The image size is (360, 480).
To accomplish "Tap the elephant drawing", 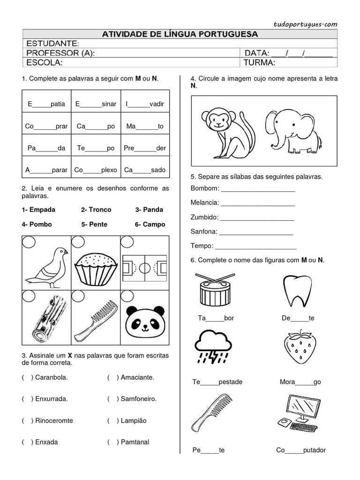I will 293,131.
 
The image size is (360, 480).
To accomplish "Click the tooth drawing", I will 294,290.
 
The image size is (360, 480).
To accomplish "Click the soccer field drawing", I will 144,268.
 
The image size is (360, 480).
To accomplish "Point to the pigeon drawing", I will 46,266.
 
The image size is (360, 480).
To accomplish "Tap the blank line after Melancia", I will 258,203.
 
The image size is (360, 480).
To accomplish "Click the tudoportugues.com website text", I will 305,24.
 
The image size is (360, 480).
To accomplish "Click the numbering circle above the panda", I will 127,295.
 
